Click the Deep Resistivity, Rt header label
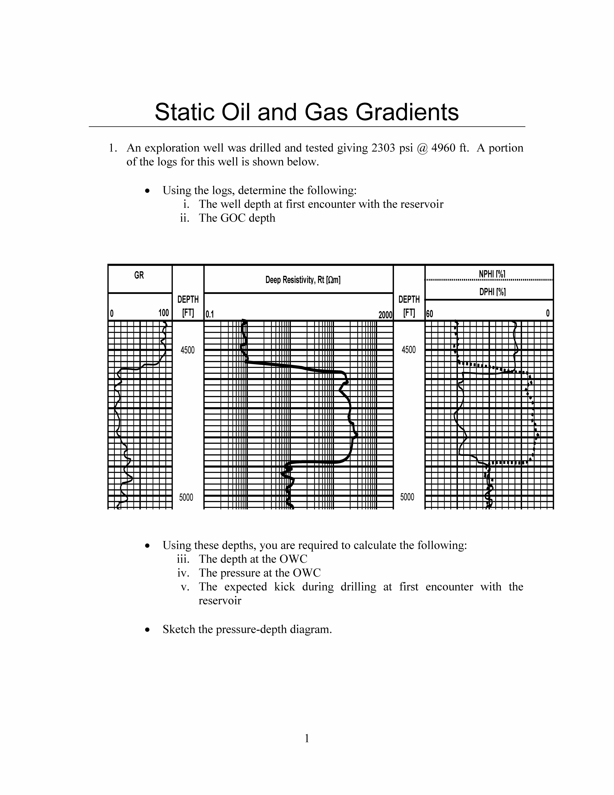[x=303, y=280]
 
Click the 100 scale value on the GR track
[x=164, y=313]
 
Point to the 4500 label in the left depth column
[x=188, y=350]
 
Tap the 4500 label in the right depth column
[x=408, y=350]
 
